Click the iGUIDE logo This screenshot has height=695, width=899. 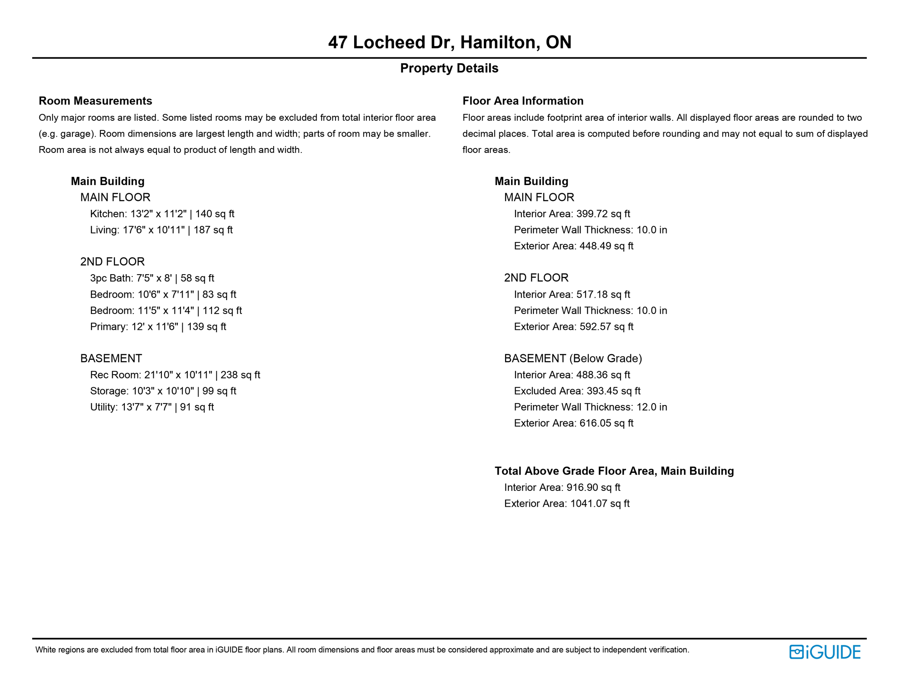(824, 652)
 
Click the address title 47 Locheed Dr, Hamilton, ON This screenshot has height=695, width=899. (449, 42)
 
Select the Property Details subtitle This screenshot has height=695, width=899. (449, 68)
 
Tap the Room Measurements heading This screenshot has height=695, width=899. (95, 101)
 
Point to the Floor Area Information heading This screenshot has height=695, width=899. (523, 101)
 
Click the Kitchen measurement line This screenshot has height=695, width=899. (162, 214)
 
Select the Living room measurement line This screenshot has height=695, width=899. (161, 230)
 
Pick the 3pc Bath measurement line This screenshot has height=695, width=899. (152, 278)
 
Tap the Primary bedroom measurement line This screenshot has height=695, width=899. (158, 327)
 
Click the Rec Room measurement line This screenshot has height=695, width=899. (175, 375)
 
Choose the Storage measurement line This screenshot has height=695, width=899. (163, 391)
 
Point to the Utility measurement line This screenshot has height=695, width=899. (152, 407)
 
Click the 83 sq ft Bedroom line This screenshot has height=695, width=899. (163, 295)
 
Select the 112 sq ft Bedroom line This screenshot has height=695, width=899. (166, 311)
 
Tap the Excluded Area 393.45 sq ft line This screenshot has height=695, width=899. (577, 391)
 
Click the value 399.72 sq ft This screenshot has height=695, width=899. (603, 214)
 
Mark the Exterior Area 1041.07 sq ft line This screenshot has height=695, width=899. (567, 504)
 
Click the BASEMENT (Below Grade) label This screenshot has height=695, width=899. (573, 359)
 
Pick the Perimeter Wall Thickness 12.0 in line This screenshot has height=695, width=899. (590, 407)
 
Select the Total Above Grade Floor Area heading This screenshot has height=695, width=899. (614, 471)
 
